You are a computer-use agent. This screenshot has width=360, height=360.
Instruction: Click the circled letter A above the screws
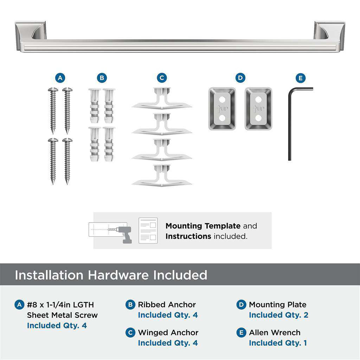(60, 78)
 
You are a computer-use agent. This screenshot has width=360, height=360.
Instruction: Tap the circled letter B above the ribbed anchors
(102, 78)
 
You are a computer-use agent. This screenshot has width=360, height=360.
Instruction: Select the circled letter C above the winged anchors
(162, 78)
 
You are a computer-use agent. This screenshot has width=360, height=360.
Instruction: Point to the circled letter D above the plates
(240, 78)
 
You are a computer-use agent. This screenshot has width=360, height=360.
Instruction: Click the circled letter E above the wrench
(301, 78)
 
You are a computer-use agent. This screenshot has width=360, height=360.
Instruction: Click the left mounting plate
(222, 109)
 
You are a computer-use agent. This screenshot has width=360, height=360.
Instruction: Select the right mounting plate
(258, 109)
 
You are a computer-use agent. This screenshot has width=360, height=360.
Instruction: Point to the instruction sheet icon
(148, 231)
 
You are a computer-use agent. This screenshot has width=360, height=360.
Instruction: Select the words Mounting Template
(203, 226)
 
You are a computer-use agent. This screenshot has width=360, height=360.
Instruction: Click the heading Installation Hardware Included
(111, 275)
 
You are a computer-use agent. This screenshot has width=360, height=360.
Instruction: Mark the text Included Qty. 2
(278, 315)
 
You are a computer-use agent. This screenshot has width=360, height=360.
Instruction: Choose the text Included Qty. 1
(278, 343)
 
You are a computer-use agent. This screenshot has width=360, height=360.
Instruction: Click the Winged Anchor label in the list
(168, 333)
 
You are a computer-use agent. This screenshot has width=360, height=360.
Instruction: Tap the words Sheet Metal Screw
(62, 315)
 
